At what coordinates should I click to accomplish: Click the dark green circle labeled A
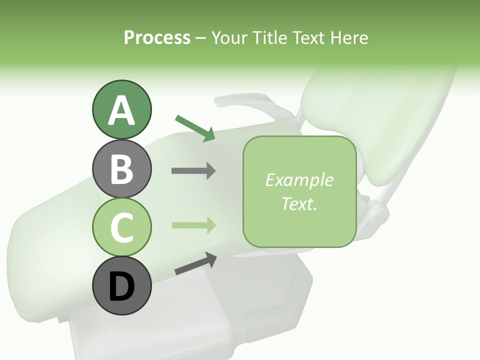point(121,109)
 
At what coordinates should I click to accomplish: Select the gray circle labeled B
point(121,168)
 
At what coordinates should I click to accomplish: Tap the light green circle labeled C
point(121,227)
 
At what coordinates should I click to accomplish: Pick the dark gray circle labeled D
point(121,286)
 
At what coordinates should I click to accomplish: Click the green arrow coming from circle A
point(195,128)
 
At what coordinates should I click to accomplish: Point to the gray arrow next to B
point(193,171)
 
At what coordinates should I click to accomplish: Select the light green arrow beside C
point(193,225)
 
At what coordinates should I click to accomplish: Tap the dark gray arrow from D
point(195,263)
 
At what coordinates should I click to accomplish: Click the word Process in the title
point(157,37)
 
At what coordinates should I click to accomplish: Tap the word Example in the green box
point(299,180)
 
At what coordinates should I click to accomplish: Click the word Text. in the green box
point(299,203)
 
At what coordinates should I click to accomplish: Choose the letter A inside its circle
point(121,110)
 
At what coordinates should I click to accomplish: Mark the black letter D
point(121,287)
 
